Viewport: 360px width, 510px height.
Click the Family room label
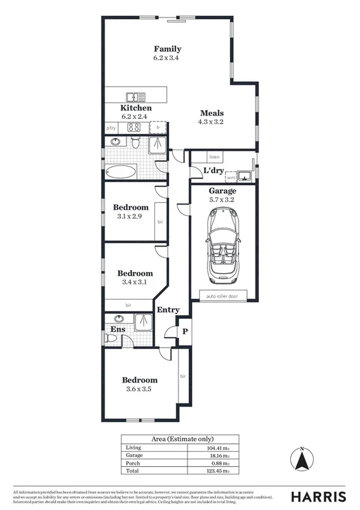click(167, 49)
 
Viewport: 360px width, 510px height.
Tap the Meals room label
click(212, 112)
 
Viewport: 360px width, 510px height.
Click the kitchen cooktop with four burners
click(133, 127)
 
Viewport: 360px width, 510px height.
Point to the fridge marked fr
click(158, 127)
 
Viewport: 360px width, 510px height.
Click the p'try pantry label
click(111, 128)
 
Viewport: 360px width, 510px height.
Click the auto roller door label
click(222, 296)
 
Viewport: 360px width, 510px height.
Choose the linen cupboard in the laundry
click(215, 157)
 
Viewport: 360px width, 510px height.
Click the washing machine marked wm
click(231, 177)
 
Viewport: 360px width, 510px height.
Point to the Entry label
click(168, 310)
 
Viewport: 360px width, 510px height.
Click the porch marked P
click(185, 332)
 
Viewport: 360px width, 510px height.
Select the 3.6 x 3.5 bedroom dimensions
click(139, 389)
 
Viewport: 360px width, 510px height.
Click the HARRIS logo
click(319, 496)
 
